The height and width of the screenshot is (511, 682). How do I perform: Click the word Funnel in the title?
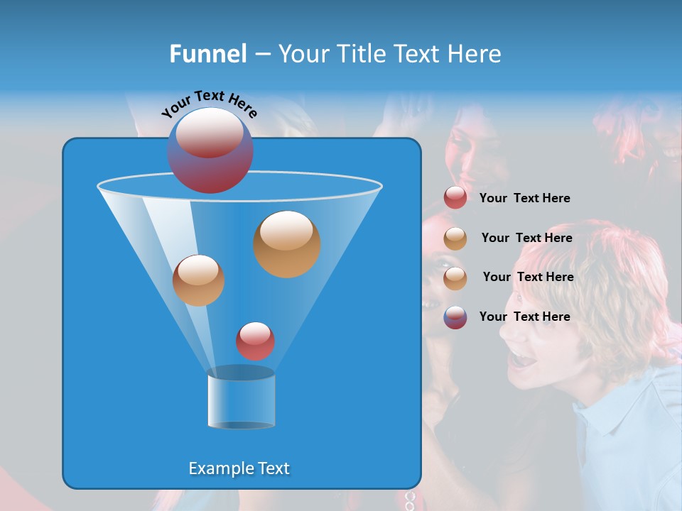coord(207,54)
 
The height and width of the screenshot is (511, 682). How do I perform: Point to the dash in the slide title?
coord(261,54)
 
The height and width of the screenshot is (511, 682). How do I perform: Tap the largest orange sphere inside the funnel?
coord(287,243)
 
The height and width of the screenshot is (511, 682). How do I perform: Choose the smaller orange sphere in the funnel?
coord(199,280)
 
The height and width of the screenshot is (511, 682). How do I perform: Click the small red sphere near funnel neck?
coord(256,341)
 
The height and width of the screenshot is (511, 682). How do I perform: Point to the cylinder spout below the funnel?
coord(242,399)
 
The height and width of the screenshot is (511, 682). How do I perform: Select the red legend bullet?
coord(455,198)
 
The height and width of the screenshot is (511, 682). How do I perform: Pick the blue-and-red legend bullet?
coord(455,317)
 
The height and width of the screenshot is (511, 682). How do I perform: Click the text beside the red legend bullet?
coord(525,198)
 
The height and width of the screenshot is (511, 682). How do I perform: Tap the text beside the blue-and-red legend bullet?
coord(525,317)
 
